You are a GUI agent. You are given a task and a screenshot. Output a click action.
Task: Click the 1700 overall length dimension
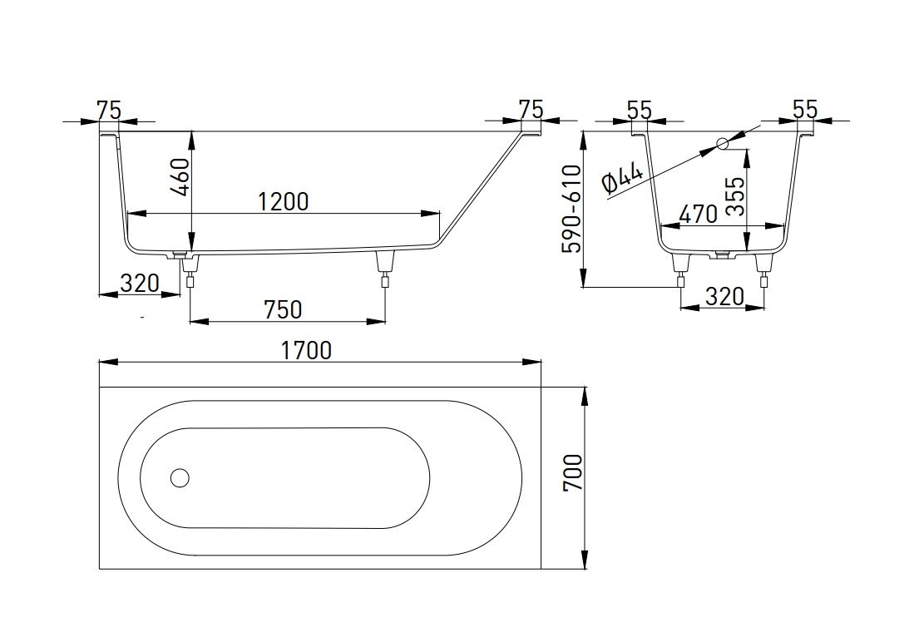307,350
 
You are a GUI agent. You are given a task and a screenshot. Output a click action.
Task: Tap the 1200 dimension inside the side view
283,201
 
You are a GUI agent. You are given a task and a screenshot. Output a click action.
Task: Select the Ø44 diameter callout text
623,180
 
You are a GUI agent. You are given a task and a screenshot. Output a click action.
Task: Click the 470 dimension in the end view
697,214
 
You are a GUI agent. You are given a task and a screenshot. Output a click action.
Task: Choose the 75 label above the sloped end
530,109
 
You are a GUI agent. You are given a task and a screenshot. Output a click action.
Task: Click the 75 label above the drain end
109,109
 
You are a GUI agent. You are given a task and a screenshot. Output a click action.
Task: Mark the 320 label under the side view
139,284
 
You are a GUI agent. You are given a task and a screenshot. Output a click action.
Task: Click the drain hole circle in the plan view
180,477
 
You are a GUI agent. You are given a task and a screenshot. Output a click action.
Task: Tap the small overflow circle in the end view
722,144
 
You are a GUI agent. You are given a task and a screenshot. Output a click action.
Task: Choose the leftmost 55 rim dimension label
639,109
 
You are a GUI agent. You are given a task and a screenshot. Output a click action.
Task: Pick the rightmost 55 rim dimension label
805,109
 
